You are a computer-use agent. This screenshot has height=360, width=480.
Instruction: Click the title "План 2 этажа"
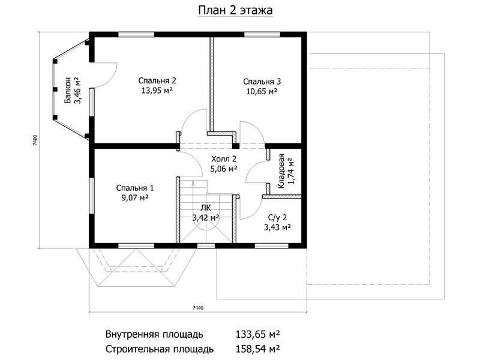(x=235, y=10)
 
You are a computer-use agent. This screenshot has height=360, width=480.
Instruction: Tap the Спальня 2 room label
(x=157, y=81)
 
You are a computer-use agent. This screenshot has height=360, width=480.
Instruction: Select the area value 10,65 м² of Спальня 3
(x=262, y=91)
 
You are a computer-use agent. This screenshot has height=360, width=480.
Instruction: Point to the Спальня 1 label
(x=135, y=188)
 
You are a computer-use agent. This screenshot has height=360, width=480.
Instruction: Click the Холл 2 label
(x=224, y=159)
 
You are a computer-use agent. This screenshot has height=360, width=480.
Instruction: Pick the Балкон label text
(x=68, y=91)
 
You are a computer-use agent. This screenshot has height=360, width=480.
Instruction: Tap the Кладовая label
(x=281, y=171)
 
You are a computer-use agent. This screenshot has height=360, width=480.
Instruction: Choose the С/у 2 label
(x=277, y=218)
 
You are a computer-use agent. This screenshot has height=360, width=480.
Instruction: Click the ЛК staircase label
(x=205, y=208)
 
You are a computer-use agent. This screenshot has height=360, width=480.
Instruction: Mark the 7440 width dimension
(x=198, y=308)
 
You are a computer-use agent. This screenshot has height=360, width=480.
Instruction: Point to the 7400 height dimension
(x=35, y=140)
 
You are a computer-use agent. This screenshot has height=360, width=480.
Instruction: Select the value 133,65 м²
(x=258, y=334)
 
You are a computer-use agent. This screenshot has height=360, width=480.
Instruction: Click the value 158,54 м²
(x=258, y=349)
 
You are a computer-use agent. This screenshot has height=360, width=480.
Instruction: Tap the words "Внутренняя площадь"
(x=154, y=334)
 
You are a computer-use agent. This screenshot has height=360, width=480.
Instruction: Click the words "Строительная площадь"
(x=160, y=349)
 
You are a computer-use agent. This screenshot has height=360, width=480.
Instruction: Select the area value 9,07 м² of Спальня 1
(x=135, y=198)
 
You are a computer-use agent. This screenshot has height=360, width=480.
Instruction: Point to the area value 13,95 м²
(x=157, y=91)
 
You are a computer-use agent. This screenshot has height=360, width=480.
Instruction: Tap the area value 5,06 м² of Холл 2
(x=224, y=169)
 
